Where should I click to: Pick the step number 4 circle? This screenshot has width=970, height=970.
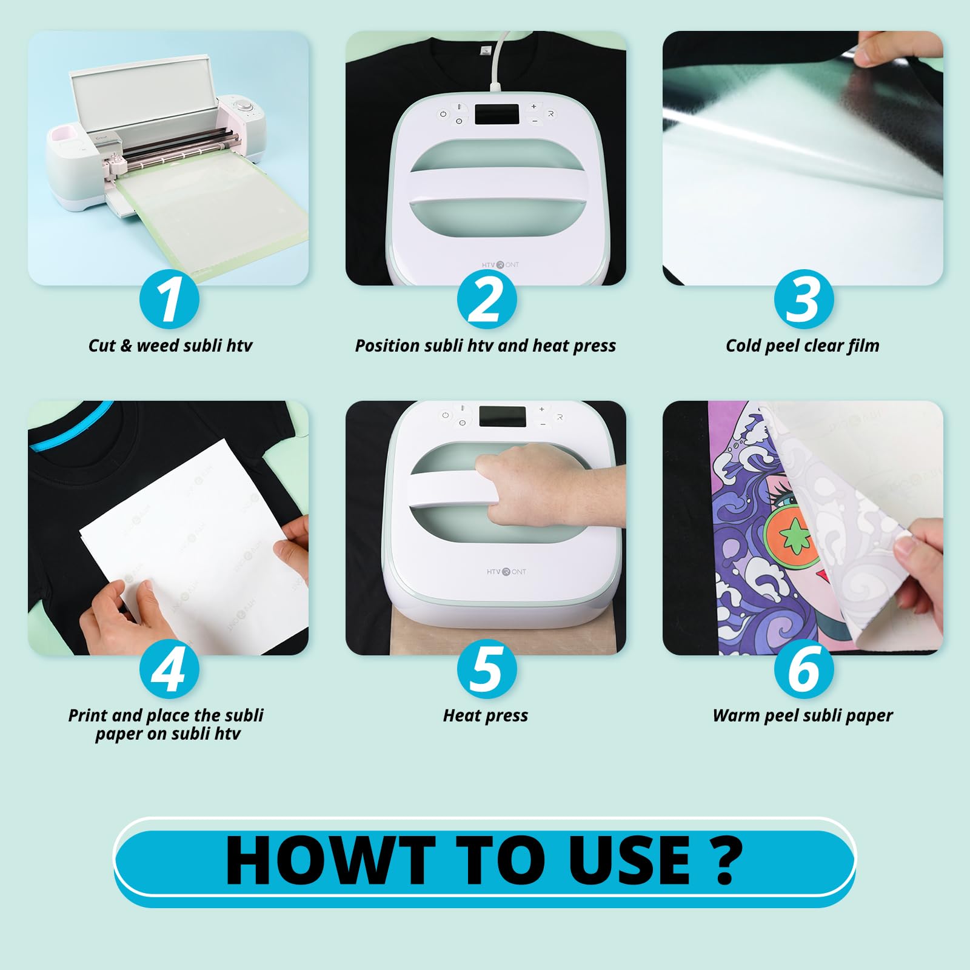[169, 669]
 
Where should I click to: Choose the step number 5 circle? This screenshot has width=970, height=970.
[486, 669]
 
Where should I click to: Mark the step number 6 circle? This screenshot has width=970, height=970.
[803, 669]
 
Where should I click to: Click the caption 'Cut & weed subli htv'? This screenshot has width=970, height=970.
[170, 346]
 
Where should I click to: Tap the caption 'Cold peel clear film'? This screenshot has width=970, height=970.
[802, 346]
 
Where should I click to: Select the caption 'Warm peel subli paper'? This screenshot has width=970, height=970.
[802, 715]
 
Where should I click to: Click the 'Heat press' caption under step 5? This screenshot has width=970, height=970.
[485, 715]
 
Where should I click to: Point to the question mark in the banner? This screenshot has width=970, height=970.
[726, 860]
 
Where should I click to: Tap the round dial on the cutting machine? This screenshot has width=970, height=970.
[245, 107]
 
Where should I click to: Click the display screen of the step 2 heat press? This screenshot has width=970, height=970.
[497, 115]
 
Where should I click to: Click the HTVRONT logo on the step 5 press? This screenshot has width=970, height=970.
[506, 572]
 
